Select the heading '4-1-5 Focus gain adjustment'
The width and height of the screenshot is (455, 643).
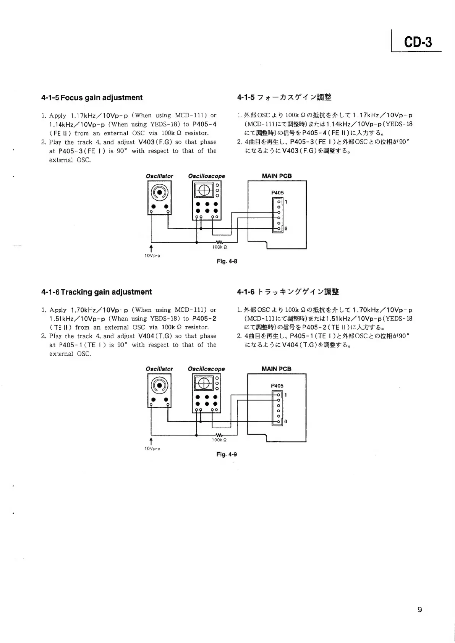point(92,97)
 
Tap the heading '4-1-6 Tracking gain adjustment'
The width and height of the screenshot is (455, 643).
point(96,292)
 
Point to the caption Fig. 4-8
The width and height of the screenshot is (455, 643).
point(227,261)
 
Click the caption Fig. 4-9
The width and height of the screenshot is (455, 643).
point(227,454)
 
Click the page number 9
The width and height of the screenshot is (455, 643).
point(420,609)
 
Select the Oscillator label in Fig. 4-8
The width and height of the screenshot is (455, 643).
point(159,176)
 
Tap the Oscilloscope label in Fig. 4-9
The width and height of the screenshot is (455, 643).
point(206,369)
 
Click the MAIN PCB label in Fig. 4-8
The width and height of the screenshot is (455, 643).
point(277,176)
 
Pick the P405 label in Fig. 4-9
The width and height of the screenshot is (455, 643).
point(277,386)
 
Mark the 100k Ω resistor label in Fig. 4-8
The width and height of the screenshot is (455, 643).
point(220,247)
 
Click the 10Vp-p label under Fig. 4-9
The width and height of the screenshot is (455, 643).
point(152,449)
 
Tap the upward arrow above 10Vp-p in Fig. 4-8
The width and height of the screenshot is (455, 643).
point(152,248)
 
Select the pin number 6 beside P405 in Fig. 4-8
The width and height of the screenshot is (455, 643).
point(286,229)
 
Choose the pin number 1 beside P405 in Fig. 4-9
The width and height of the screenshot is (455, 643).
point(286,395)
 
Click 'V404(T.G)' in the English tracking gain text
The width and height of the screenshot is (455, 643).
point(154,336)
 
